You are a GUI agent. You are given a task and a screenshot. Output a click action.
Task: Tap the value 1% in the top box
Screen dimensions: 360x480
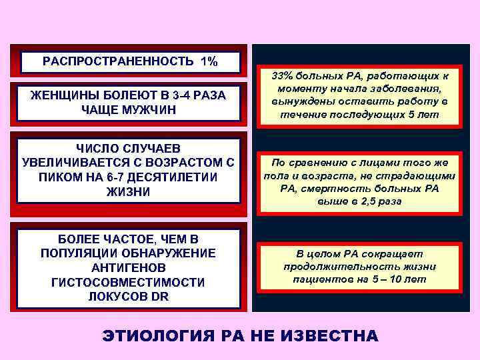(x=208, y=62)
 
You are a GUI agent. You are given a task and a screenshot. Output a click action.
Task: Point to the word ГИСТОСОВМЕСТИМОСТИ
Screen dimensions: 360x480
(x=128, y=283)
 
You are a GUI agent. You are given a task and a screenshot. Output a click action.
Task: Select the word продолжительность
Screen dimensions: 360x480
(x=360, y=267)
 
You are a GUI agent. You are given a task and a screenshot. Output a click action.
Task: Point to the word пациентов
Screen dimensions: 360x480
(x=323, y=279)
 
